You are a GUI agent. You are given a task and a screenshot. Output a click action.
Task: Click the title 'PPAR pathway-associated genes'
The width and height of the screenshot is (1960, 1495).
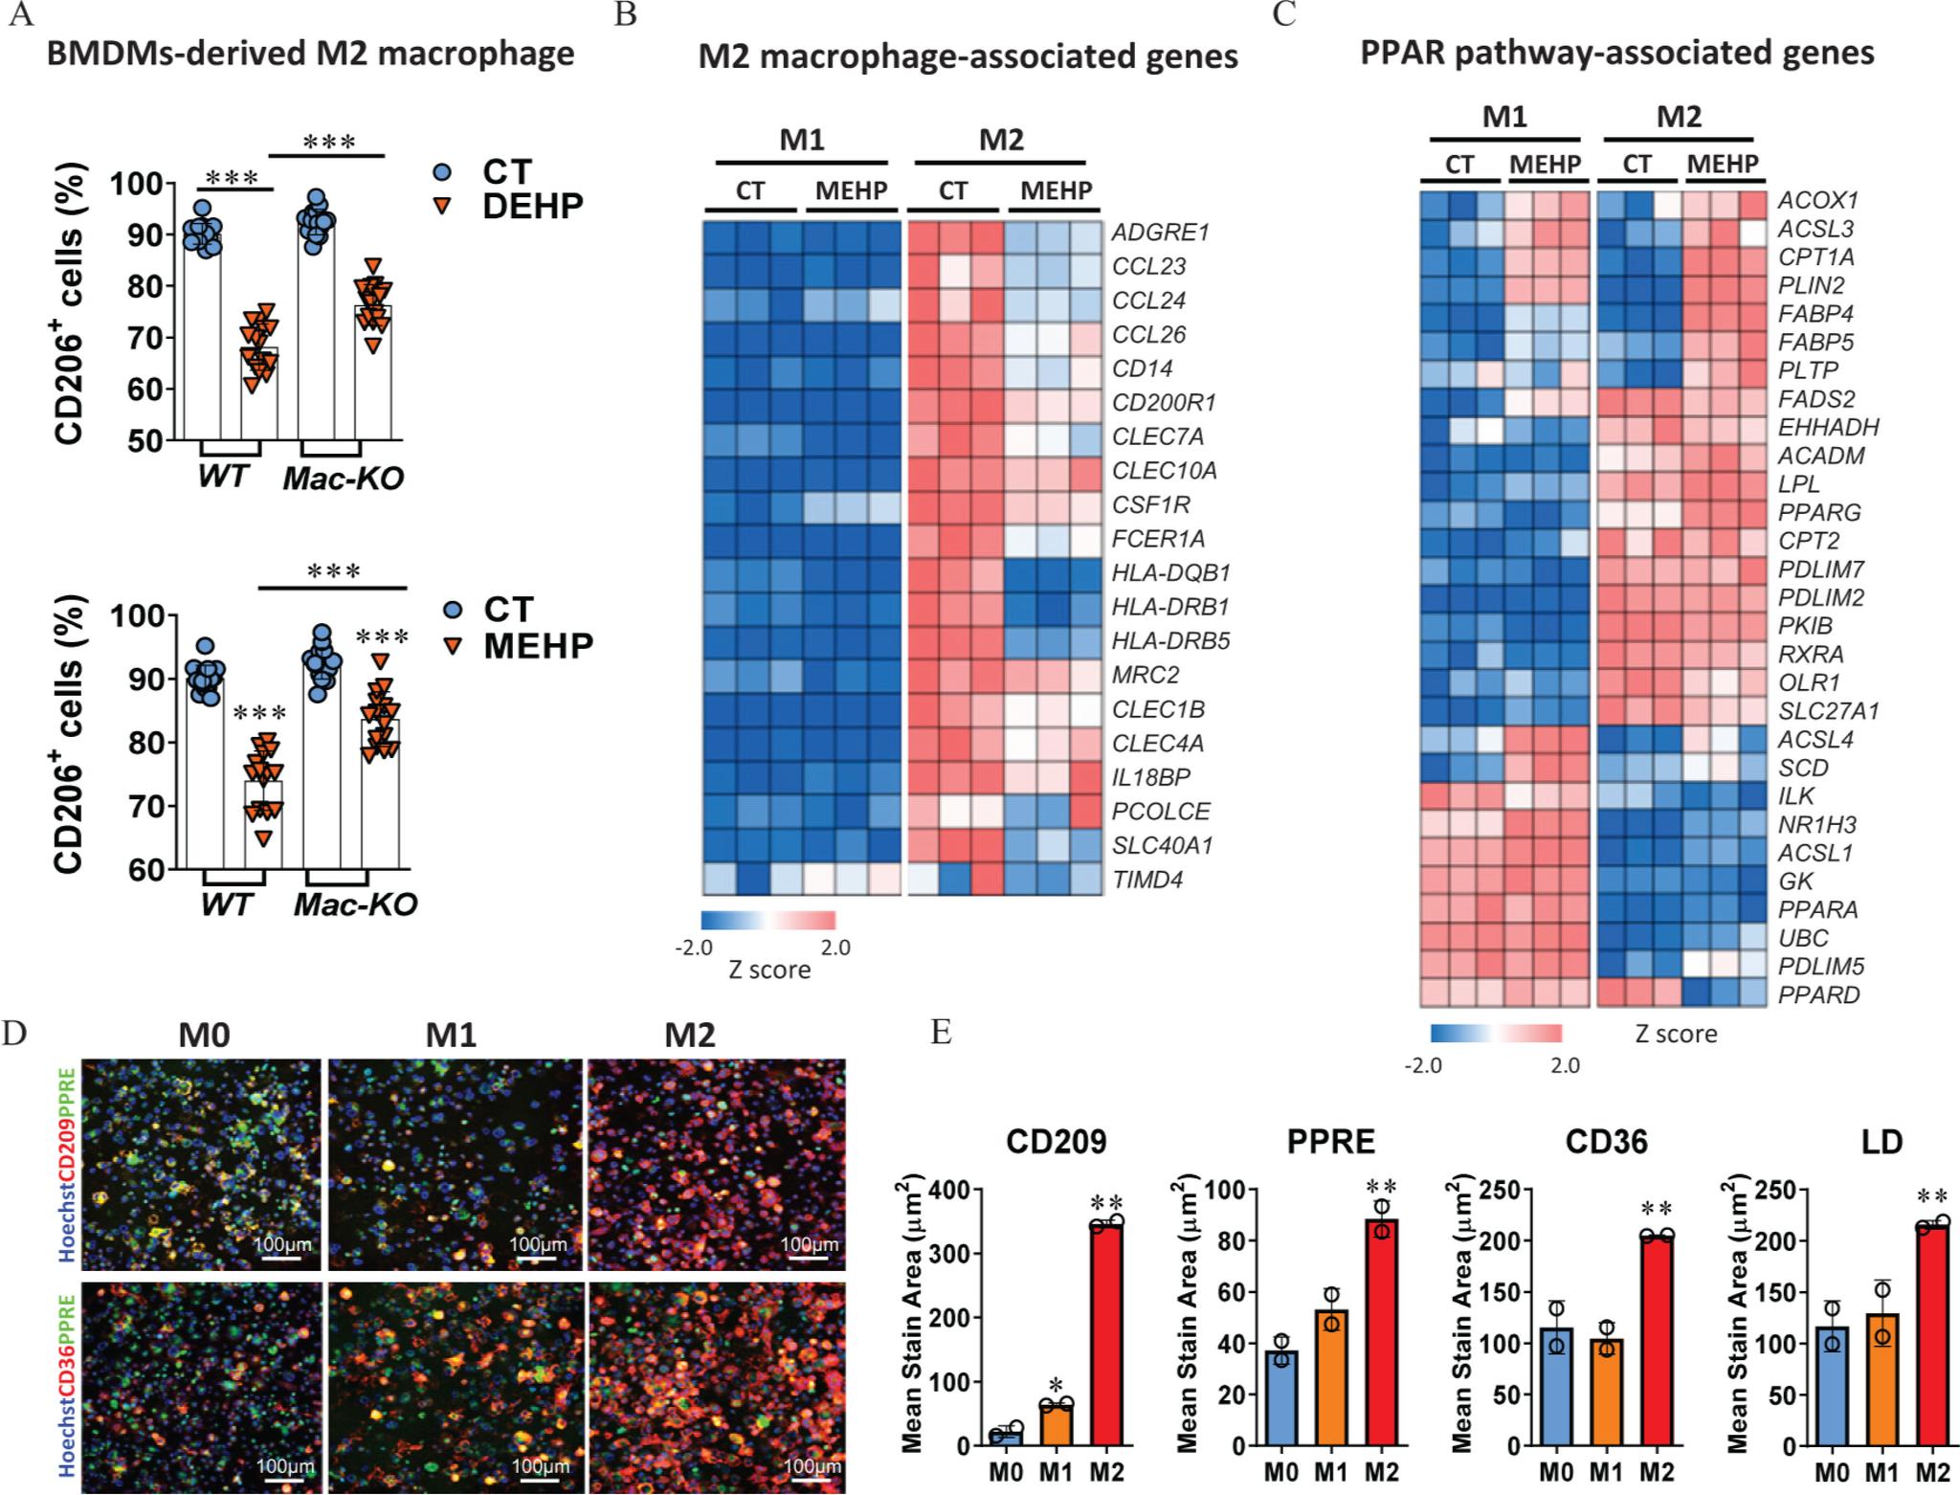(1616, 52)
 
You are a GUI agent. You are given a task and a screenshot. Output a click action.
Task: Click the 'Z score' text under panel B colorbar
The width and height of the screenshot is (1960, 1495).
(768, 970)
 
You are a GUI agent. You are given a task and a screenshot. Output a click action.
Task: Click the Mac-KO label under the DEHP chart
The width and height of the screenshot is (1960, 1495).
(343, 479)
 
